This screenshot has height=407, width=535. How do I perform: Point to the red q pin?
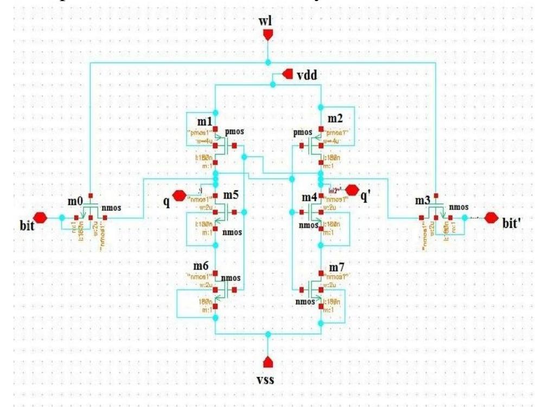(179, 194)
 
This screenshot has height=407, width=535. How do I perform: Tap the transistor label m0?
(75, 201)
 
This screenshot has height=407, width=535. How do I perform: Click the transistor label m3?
(423, 201)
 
